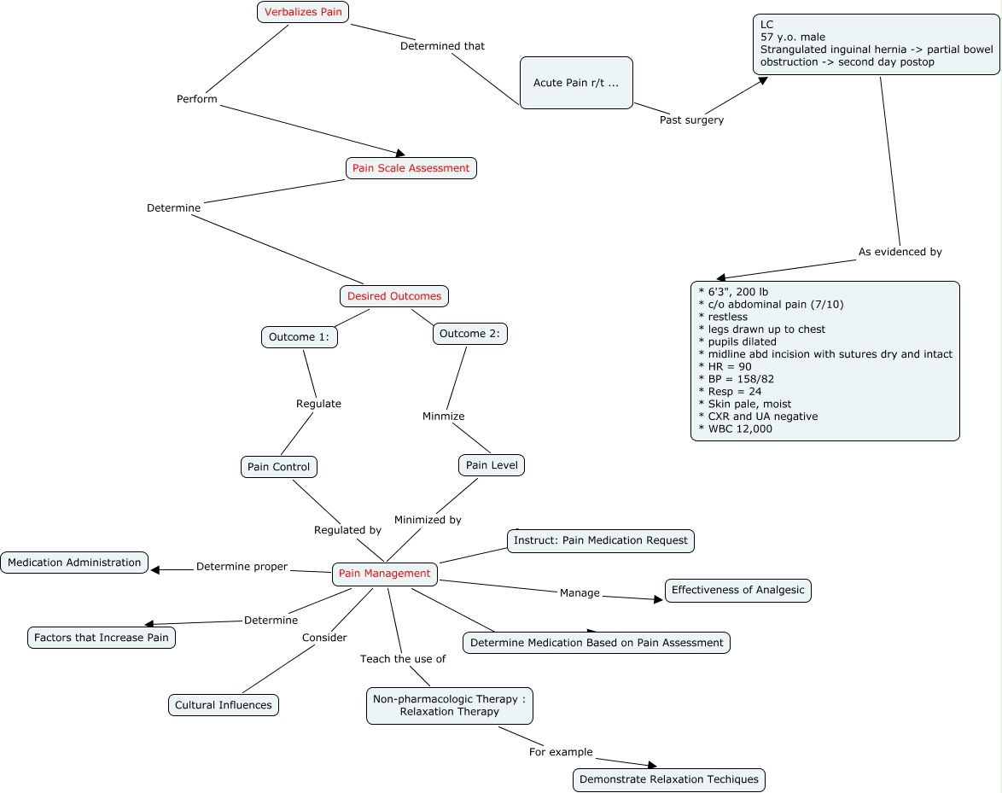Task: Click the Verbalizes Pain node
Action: click(x=304, y=12)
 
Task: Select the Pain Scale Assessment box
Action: click(x=411, y=168)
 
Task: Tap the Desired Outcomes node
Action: click(x=393, y=296)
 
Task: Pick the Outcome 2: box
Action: click(x=469, y=334)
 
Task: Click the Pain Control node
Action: click(x=278, y=467)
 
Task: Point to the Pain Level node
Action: click(x=492, y=465)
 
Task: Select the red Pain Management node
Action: click(x=384, y=574)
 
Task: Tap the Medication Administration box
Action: click(x=74, y=563)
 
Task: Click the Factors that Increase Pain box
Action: click(x=102, y=638)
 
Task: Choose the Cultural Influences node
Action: click(x=223, y=705)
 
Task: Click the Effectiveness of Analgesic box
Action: click(x=737, y=590)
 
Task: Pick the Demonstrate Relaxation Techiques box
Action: click(x=668, y=779)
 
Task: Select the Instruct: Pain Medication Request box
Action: click(x=600, y=540)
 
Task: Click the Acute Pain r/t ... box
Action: click(x=576, y=83)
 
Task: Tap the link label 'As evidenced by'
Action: click(x=900, y=252)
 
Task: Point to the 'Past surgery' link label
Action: click(x=691, y=120)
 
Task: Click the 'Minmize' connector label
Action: click(x=443, y=417)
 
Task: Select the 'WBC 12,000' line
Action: click(x=739, y=429)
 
